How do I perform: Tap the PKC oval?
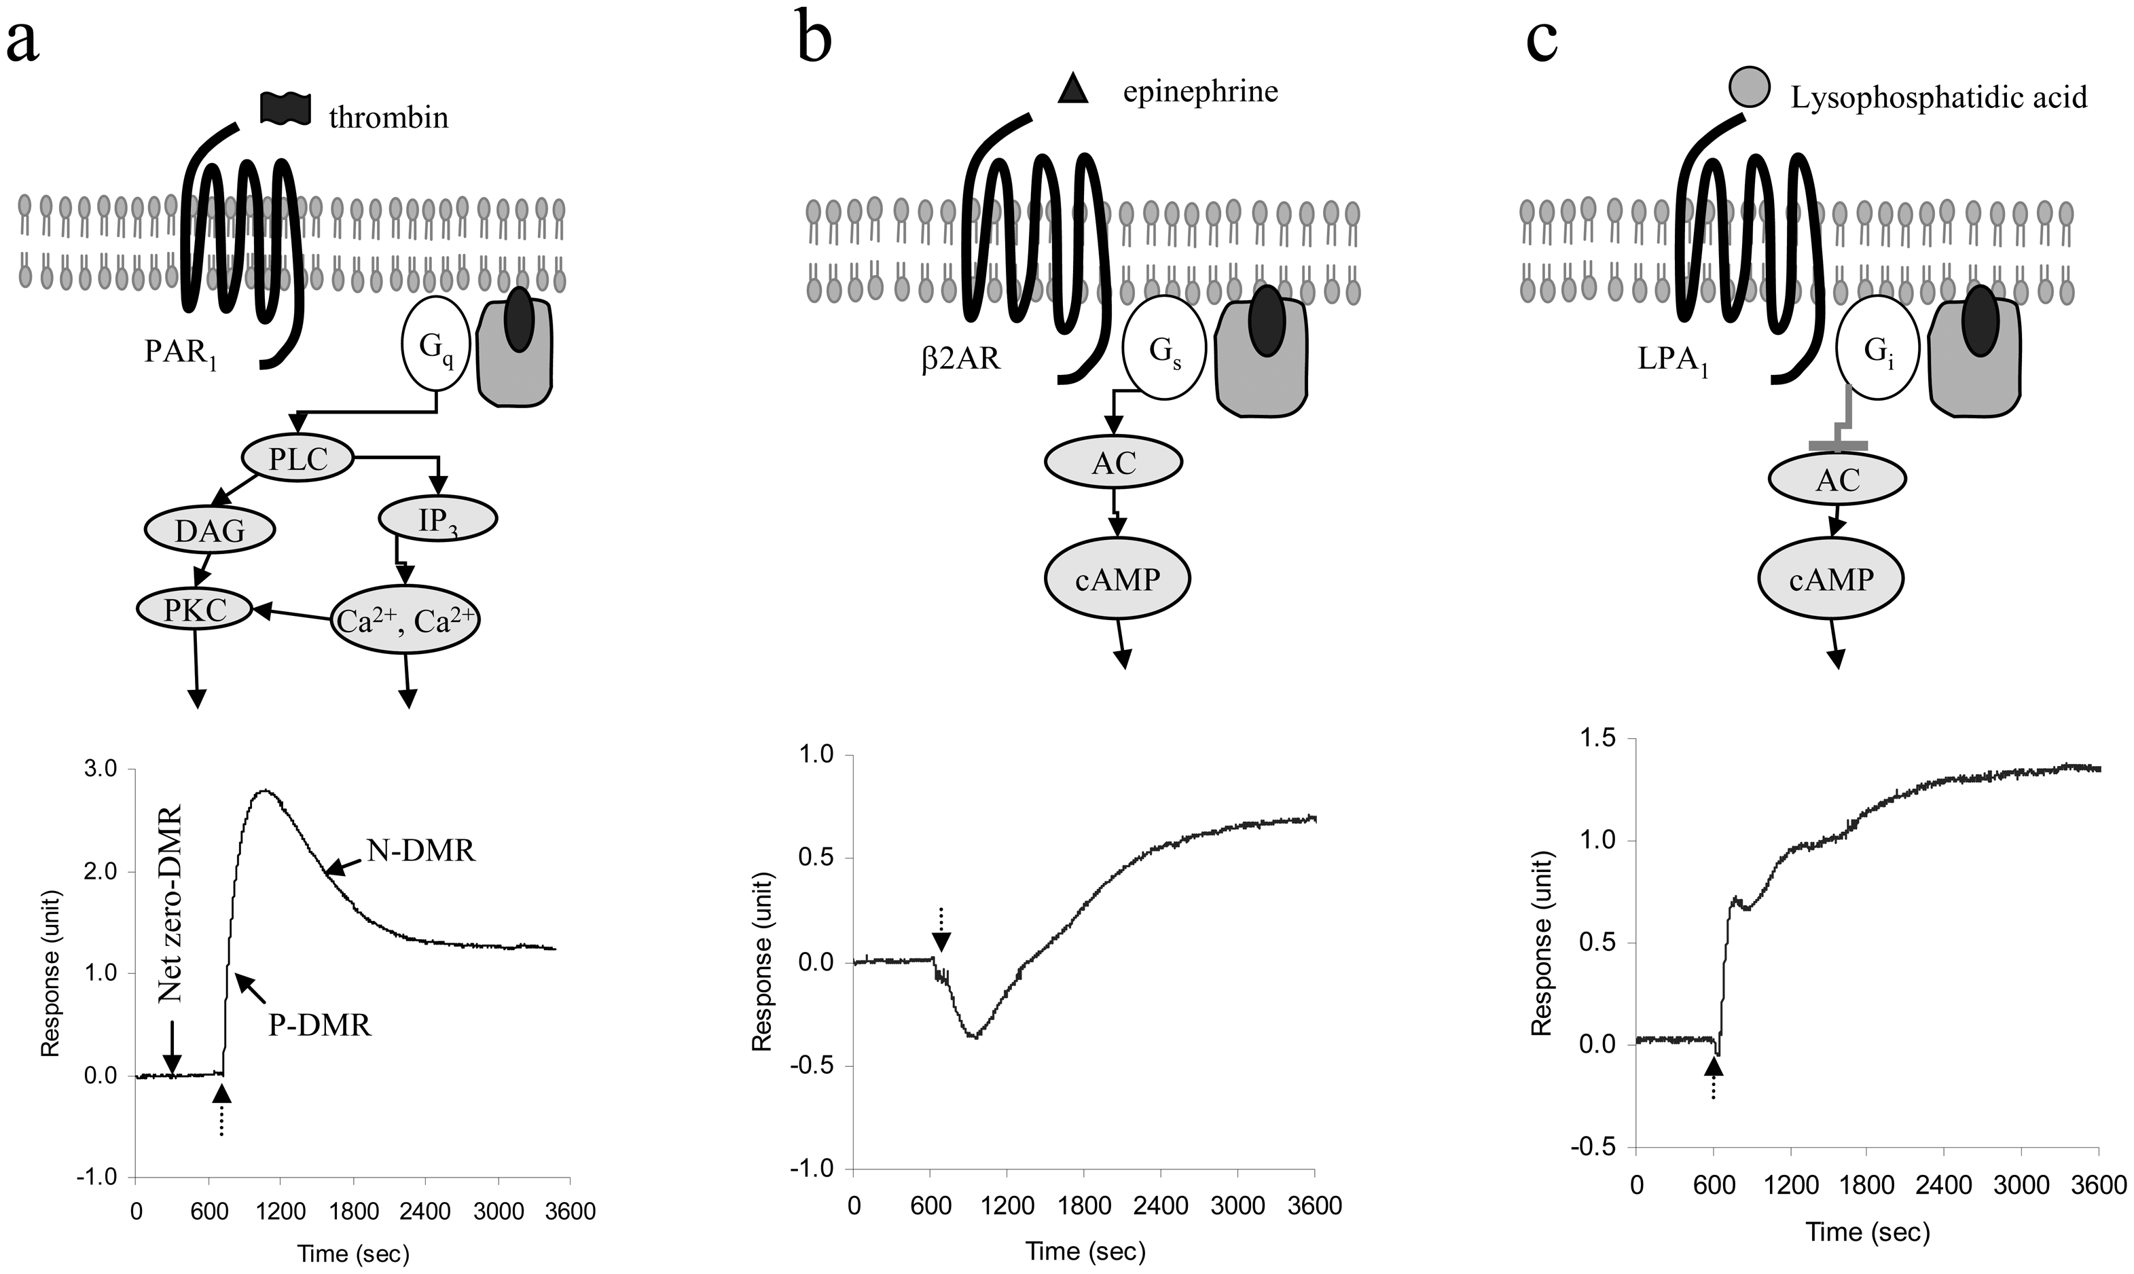tap(195, 610)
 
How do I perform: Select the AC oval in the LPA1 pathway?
tap(1838, 479)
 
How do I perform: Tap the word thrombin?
tap(389, 117)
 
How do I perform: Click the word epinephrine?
tap(1201, 91)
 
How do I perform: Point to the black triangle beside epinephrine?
tap(1074, 89)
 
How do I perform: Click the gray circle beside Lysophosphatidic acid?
tap(1747, 88)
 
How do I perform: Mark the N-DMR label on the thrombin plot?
tap(422, 851)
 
